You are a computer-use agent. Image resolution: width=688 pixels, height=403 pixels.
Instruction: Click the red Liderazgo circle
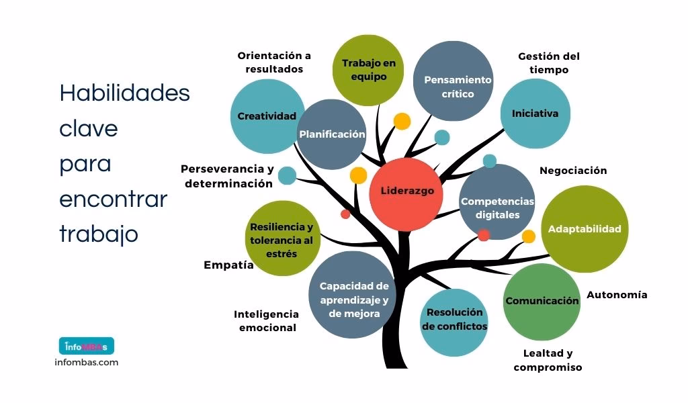(406, 194)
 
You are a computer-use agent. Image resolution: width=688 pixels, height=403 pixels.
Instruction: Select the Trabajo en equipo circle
(368, 70)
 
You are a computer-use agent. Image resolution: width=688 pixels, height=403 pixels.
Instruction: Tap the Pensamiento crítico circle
(454, 81)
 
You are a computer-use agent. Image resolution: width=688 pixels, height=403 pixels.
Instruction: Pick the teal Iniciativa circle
(535, 114)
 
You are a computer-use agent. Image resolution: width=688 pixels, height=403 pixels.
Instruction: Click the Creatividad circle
(267, 116)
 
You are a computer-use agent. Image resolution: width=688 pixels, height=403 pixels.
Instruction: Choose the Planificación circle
(332, 134)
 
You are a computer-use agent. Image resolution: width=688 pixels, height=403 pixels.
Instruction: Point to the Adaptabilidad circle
(585, 229)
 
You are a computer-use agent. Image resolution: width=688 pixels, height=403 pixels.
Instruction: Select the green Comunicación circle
(542, 302)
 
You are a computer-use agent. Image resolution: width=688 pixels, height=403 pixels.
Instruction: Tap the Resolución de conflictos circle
(454, 322)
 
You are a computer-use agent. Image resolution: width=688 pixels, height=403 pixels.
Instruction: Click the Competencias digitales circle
(497, 202)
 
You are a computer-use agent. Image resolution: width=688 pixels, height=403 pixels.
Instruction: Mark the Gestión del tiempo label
(549, 63)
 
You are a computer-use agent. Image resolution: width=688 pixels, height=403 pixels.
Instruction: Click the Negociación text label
(573, 171)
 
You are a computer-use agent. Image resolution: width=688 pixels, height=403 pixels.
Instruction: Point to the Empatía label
(228, 265)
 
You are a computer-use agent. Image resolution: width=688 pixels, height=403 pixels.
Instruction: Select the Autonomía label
(617, 295)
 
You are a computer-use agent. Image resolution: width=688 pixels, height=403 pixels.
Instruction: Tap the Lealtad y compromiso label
(548, 360)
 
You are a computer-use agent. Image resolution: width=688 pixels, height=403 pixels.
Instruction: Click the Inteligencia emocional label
(266, 321)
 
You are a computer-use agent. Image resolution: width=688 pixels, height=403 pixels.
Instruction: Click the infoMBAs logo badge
(87, 346)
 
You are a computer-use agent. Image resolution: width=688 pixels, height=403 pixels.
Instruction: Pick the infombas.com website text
(87, 363)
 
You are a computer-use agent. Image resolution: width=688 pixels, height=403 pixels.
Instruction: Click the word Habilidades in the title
(124, 93)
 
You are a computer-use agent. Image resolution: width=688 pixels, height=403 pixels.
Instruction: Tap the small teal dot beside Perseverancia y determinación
(287, 175)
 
